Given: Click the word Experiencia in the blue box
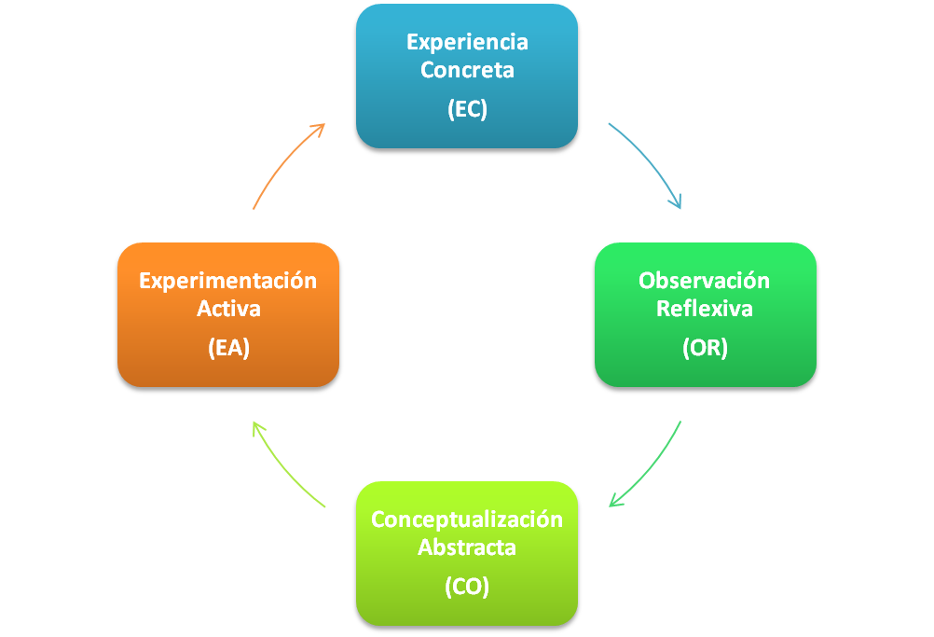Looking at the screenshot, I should point(467,42).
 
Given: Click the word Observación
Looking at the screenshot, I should point(705,281).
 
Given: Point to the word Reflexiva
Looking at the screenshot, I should point(705,308).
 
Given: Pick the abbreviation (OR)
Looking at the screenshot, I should point(705,348).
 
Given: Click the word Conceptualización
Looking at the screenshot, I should point(467,519).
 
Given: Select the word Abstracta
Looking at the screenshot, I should point(467,547).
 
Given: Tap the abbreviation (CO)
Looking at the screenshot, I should point(467,587).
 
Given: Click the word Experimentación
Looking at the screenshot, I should point(228,281).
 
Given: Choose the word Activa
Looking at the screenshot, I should point(228,308).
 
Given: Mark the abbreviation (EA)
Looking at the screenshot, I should point(228,348).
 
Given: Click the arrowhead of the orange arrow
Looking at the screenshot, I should point(319,128).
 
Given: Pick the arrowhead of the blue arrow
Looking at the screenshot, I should point(677,201).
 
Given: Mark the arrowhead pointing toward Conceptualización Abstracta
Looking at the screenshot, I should point(615,502).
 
